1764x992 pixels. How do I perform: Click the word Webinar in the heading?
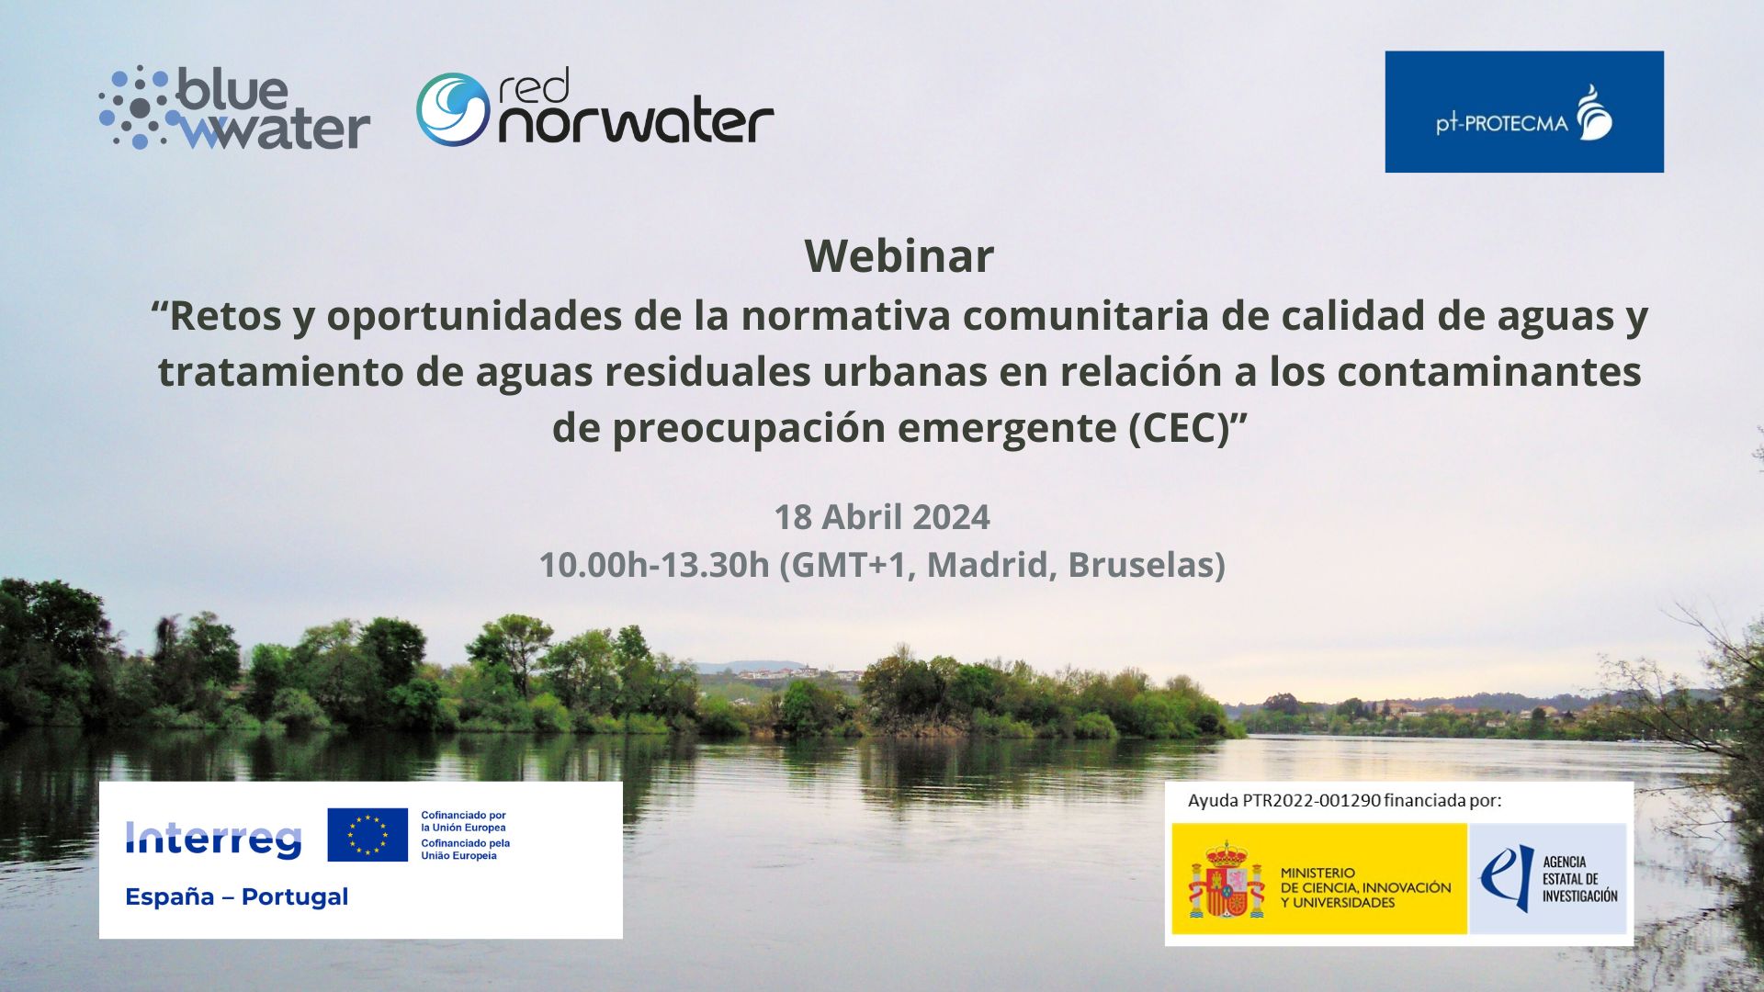tap(899, 255)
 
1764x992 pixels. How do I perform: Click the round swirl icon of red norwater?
tap(452, 109)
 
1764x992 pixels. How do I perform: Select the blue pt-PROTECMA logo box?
tap(1523, 111)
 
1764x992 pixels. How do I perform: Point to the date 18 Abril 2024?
tap(881, 517)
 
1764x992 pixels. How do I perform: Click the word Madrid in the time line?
tap(988, 565)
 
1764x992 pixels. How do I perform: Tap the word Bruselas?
tap(1146, 565)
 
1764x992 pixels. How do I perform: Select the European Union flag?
tap(367, 835)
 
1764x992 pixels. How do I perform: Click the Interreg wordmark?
tap(213, 838)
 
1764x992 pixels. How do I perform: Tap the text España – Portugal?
tap(236, 896)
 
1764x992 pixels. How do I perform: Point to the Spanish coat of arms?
tap(1225, 879)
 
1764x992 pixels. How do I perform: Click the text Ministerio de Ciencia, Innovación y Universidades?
tap(1365, 887)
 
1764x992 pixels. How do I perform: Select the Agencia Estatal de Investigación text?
tap(1579, 879)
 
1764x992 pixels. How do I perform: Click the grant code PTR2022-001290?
tap(1311, 800)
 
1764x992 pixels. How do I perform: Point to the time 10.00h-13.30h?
tap(653, 565)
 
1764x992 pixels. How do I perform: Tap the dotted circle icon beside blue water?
tap(136, 107)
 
